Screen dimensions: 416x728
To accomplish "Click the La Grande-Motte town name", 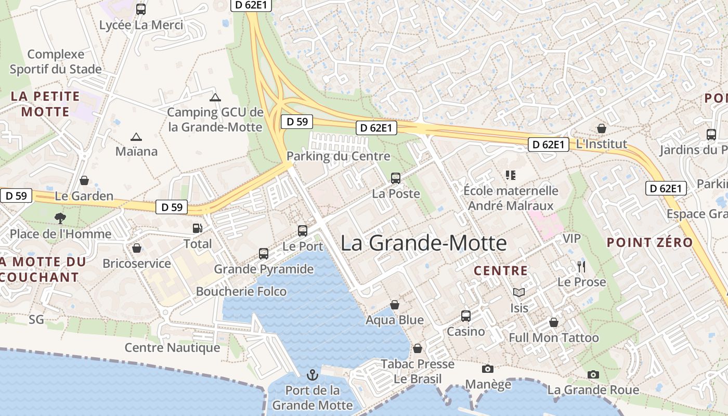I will pos(423,243).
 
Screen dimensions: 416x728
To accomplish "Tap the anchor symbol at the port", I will pos(313,374).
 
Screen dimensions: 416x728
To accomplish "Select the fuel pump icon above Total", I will pos(198,228).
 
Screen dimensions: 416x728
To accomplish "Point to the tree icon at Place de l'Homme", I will pos(60,218).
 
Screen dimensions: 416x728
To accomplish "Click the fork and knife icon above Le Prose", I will pos(581,267).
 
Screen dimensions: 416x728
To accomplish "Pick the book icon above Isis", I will pos(518,293).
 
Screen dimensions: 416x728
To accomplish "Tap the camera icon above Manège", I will pos(488,369).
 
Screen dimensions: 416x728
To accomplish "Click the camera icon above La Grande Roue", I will pos(593,374).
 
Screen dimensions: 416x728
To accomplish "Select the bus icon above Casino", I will pos(466,316).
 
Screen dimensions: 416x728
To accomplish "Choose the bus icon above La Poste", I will pos(396,178).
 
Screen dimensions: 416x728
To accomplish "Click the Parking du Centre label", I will pos(338,156).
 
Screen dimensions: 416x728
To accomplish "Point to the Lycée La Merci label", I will pos(141,25).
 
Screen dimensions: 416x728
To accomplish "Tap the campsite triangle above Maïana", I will pos(136,137).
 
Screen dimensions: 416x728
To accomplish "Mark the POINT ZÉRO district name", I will pos(649,242).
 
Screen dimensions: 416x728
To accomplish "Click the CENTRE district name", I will pos(501,270).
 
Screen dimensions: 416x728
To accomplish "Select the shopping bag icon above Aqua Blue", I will pos(395,305).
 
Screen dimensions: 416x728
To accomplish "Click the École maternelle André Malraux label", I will pos(511,198).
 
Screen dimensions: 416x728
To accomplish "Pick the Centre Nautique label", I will pos(172,347).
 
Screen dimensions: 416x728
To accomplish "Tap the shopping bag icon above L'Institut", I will pos(602,128).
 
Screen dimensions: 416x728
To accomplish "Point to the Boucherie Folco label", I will pos(241,291).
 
